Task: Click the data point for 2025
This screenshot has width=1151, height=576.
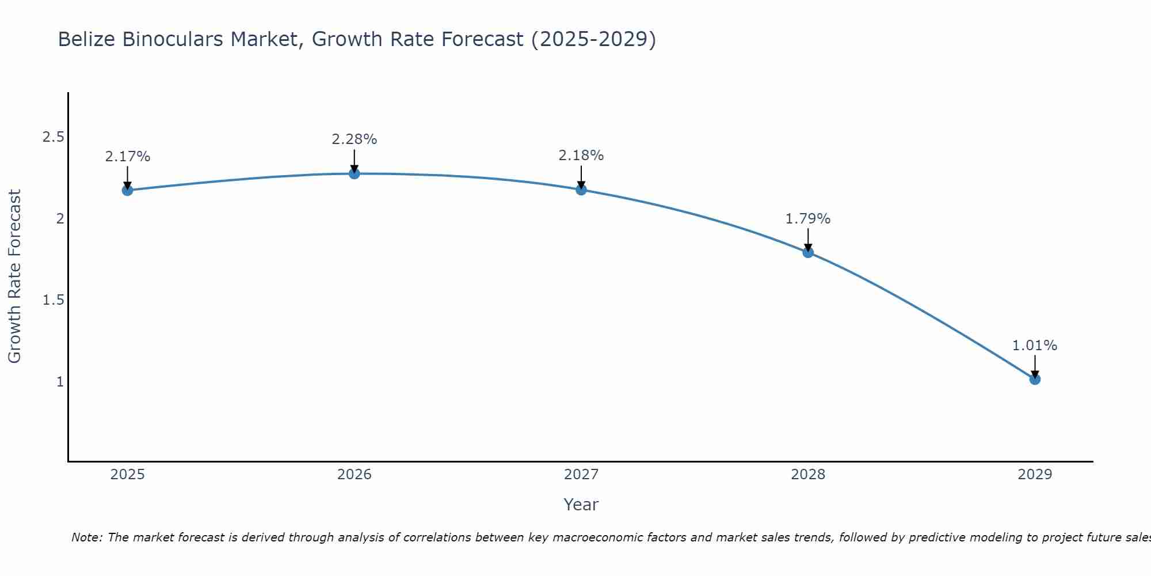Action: click(x=128, y=190)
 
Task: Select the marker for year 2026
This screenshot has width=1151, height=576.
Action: click(x=355, y=173)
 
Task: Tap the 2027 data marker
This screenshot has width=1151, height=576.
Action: click(x=581, y=190)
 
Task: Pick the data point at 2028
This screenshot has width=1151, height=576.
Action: click(x=808, y=252)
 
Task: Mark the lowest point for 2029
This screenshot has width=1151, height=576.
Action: click(x=1035, y=379)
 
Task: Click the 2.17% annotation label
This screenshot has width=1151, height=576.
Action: click(x=128, y=157)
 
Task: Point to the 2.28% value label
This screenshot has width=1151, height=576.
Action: click(x=355, y=139)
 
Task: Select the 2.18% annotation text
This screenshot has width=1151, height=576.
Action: click(x=581, y=156)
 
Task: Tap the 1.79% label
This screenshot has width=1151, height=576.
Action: click(x=808, y=219)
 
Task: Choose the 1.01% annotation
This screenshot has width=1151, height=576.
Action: click(x=1035, y=346)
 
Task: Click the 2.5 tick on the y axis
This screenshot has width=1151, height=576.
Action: click(x=54, y=137)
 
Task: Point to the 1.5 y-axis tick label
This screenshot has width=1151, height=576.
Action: click(x=54, y=300)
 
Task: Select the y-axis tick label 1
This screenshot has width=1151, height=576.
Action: click(x=60, y=382)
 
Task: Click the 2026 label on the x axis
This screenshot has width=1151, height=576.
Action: click(x=355, y=475)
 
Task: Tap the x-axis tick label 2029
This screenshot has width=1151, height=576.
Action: click(x=1035, y=475)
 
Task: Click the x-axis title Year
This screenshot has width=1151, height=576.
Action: click(x=581, y=505)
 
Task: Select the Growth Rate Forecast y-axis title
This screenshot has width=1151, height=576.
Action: click(x=14, y=276)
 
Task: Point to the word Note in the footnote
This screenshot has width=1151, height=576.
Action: click(x=86, y=537)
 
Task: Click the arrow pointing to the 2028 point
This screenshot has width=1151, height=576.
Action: click(x=808, y=240)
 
